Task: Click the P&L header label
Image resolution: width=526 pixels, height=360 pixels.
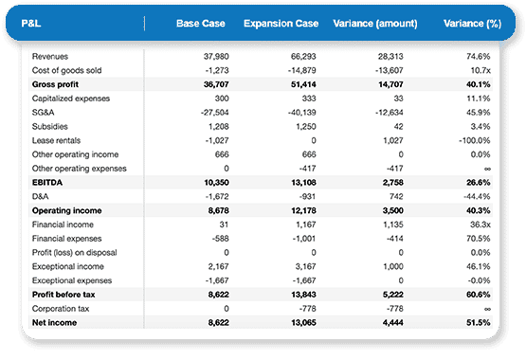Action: pos(32,23)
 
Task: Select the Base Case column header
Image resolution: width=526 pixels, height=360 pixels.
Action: pos(199,23)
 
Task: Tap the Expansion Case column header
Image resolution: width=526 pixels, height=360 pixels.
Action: pos(280,23)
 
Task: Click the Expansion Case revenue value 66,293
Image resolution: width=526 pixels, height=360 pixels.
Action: pos(300,57)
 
